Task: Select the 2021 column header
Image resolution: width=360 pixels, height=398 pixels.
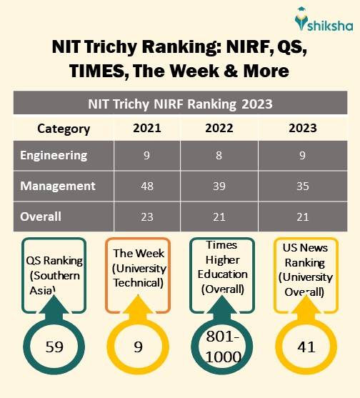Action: tap(146, 129)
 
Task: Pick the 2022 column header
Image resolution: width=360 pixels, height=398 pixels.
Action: tap(219, 129)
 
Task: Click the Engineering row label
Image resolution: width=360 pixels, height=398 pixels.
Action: tap(54, 155)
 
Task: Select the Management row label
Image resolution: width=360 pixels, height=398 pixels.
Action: tap(57, 186)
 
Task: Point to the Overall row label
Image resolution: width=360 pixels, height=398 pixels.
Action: tap(41, 216)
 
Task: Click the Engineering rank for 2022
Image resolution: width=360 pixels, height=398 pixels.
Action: tap(219, 156)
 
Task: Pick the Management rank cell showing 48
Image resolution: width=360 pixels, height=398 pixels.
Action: tap(146, 186)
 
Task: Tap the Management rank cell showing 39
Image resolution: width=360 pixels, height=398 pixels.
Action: tap(219, 186)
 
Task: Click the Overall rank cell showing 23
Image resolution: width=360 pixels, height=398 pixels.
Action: tap(146, 217)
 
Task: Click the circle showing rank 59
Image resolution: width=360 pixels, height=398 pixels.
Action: tap(54, 347)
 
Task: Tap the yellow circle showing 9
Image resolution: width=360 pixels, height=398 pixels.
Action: tap(138, 347)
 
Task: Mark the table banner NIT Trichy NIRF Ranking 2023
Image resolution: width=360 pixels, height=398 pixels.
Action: tap(180, 103)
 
